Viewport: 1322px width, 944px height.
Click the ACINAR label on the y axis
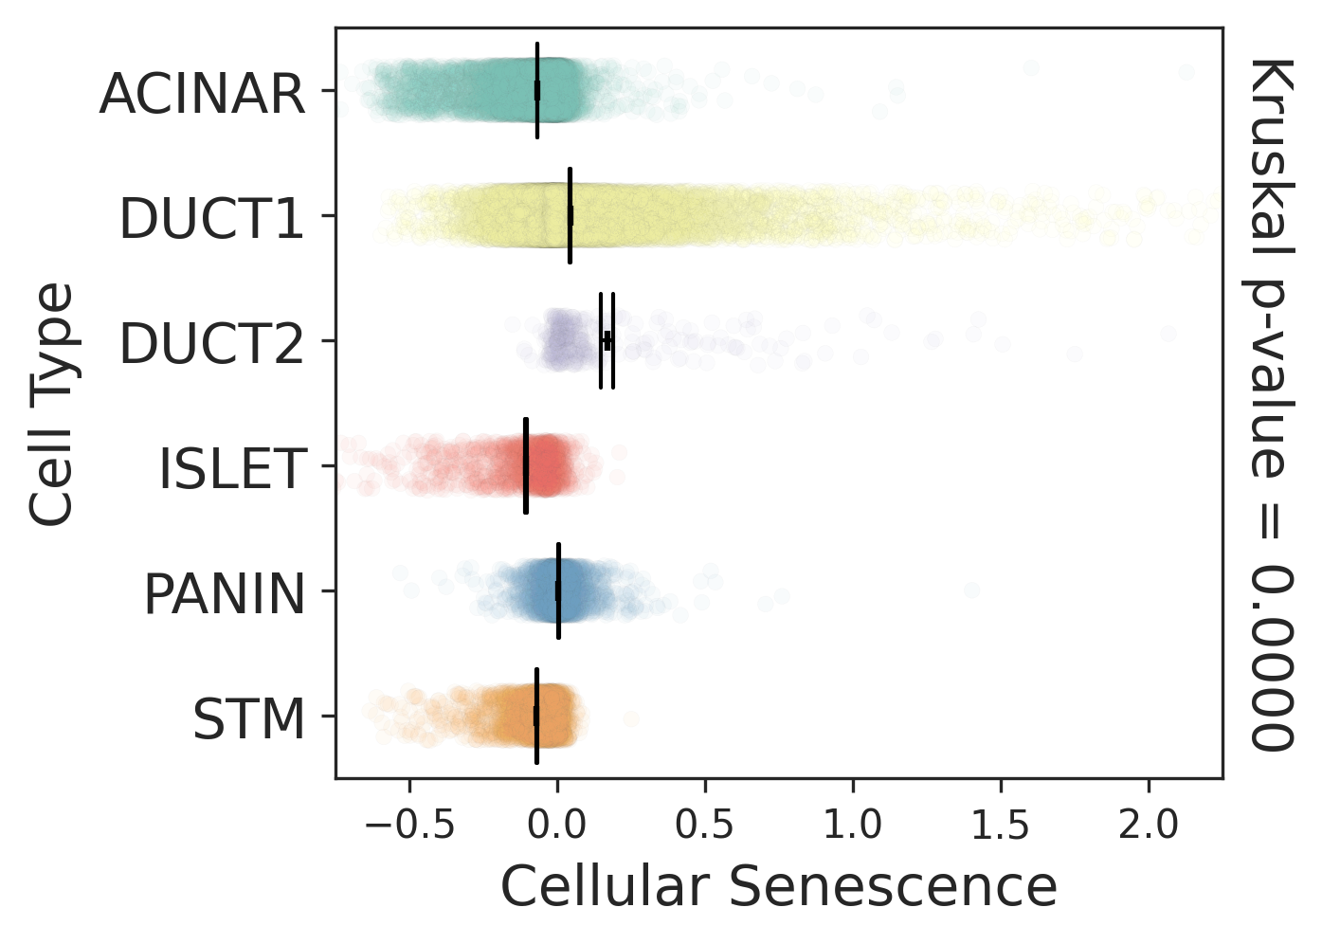tap(203, 94)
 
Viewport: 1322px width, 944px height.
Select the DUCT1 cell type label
tap(211, 219)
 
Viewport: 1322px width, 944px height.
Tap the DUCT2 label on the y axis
tap(211, 344)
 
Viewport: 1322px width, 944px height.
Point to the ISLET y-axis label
tap(232, 469)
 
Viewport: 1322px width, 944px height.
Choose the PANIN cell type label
tap(225, 594)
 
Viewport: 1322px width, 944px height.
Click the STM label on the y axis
tap(249, 719)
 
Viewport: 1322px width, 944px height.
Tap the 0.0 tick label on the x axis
tap(557, 826)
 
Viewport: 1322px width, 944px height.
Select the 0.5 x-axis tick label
tap(705, 826)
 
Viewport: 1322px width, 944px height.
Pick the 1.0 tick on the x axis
tap(853, 826)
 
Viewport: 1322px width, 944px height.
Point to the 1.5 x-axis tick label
tap(1001, 826)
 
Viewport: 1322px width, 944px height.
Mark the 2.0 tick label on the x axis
tap(1149, 826)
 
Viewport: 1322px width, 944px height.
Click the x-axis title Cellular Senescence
tap(778, 888)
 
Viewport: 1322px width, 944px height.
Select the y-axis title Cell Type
tap(51, 404)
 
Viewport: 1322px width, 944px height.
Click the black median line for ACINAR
tap(537, 90)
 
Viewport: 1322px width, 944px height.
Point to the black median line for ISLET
tap(526, 465)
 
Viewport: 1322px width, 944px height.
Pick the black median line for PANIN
tap(558, 590)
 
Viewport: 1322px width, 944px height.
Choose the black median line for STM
tap(536, 716)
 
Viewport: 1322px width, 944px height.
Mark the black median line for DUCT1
tap(570, 215)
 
